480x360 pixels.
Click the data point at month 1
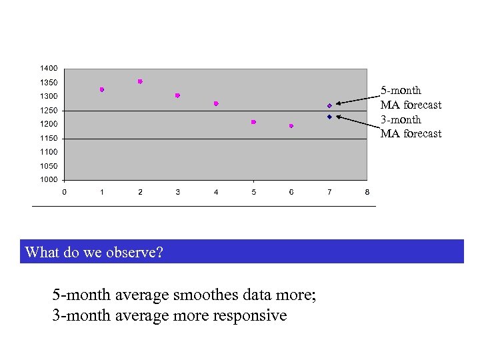click(102, 89)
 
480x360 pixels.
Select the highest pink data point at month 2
click(140, 81)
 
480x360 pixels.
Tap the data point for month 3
click(177, 95)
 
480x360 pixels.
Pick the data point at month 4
click(216, 103)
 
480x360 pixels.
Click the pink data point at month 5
click(253, 122)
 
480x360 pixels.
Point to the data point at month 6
click(291, 126)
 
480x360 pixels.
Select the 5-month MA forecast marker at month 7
click(329, 106)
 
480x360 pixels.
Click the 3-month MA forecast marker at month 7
click(329, 117)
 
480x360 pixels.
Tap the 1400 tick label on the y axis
click(48, 68)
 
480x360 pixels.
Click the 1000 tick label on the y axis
click(48, 180)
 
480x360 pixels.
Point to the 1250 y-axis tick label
click(48, 111)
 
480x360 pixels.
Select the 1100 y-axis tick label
click(48, 152)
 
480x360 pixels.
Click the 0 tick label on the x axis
click(64, 193)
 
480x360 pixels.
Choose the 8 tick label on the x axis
click(367, 193)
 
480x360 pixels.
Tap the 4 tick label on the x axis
click(216, 193)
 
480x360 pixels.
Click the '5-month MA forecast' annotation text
click(410, 97)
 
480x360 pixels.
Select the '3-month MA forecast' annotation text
click(410, 127)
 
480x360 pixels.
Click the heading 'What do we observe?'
click(94, 252)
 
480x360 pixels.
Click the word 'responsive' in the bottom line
click(249, 315)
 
